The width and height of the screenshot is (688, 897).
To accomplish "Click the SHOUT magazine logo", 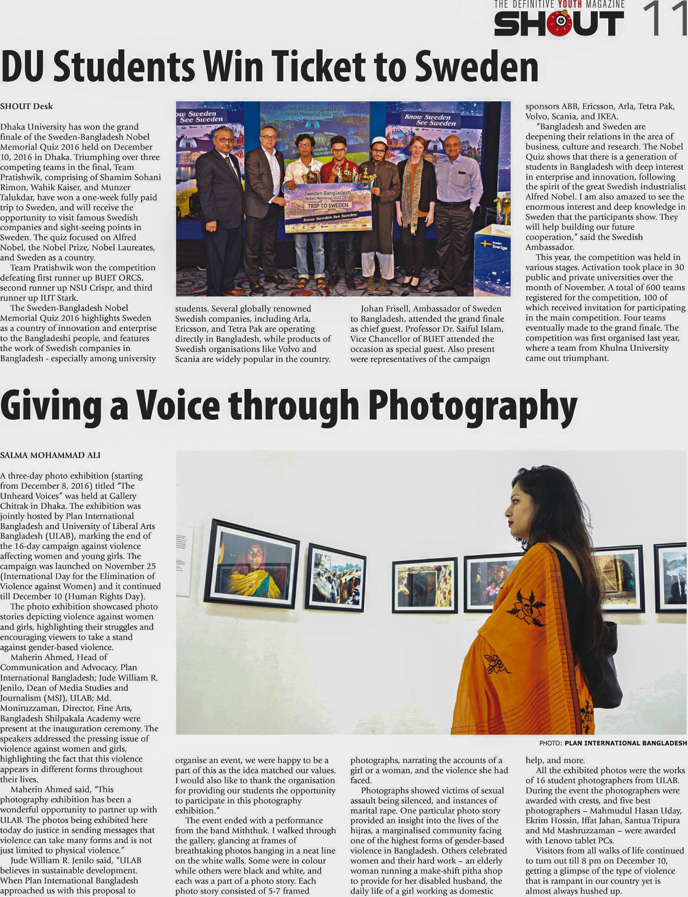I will (559, 23).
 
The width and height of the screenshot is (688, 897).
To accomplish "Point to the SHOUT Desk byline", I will (26, 106).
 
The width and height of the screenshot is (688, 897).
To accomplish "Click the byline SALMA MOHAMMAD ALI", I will (50, 455).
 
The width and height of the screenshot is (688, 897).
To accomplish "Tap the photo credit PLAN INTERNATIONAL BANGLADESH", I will (625, 743).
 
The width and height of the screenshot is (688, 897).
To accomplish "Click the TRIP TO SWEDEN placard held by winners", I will (327, 206).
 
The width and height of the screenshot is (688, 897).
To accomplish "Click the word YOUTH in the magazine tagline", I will (570, 5).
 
